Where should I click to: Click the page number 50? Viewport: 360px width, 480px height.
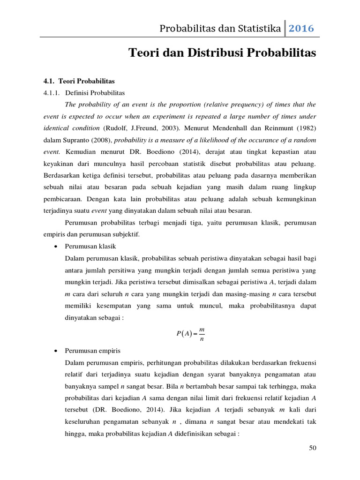313,448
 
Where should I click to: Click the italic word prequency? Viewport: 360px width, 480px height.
248,104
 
